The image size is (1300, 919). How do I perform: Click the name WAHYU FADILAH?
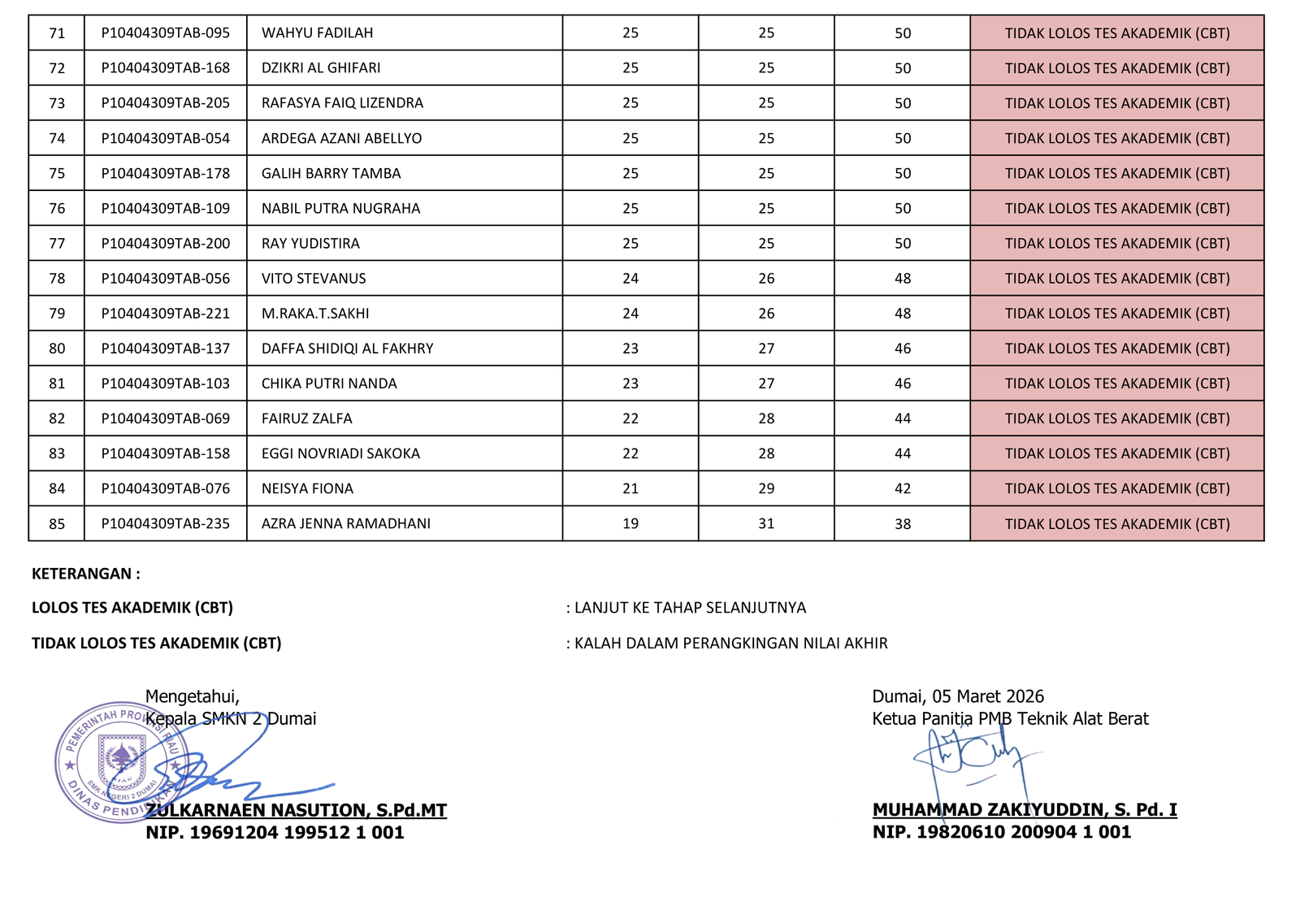click(x=317, y=33)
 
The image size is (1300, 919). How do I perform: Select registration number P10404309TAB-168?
click(x=165, y=68)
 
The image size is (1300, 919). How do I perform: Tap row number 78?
click(x=57, y=279)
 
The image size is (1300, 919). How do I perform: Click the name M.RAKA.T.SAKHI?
click(x=315, y=314)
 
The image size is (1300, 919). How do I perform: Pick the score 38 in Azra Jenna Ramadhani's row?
click(x=903, y=524)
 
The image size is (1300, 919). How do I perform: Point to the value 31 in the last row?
click(x=766, y=524)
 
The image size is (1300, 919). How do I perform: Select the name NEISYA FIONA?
click(x=307, y=489)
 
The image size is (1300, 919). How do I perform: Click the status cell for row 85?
click(x=1117, y=524)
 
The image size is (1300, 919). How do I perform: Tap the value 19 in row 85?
click(x=630, y=524)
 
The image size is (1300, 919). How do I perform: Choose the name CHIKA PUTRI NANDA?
click(x=329, y=384)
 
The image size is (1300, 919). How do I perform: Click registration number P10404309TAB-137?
click(x=165, y=349)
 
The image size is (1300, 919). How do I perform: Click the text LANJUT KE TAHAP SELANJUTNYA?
click(x=690, y=608)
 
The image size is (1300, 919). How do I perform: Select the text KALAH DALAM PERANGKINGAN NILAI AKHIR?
click(x=730, y=644)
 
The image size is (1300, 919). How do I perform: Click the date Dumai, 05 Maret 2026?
click(x=958, y=696)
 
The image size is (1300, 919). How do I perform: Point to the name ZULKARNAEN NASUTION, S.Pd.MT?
click(x=296, y=810)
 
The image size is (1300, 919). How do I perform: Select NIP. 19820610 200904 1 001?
click(x=1002, y=832)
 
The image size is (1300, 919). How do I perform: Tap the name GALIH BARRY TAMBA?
click(x=331, y=174)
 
